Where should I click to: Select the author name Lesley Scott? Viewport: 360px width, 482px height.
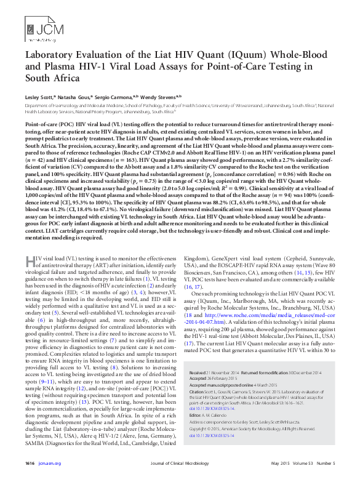tap(39, 97)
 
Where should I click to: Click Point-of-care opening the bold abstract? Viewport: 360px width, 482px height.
tap(42, 124)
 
